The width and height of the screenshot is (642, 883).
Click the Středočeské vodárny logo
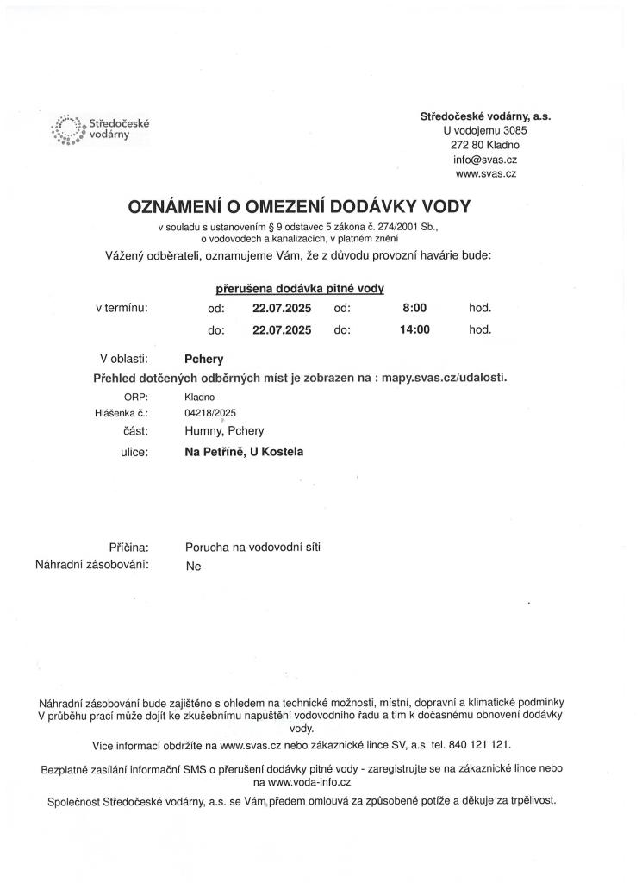click(101, 129)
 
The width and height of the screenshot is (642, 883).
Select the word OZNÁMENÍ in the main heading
click(179, 206)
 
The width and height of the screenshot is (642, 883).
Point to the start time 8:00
click(414, 307)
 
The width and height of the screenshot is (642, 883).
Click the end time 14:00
click(414, 329)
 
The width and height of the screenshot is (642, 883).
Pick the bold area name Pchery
click(204, 359)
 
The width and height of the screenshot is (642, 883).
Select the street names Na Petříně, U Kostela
click(244, 451)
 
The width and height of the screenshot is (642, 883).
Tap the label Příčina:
click(129, 547)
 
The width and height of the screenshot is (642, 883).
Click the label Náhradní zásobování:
click(92, 565)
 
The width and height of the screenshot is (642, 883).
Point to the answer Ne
click(193, 567)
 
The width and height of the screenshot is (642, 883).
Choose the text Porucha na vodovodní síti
click(252, 547)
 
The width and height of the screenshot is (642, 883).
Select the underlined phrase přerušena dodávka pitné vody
click(299, 289)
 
